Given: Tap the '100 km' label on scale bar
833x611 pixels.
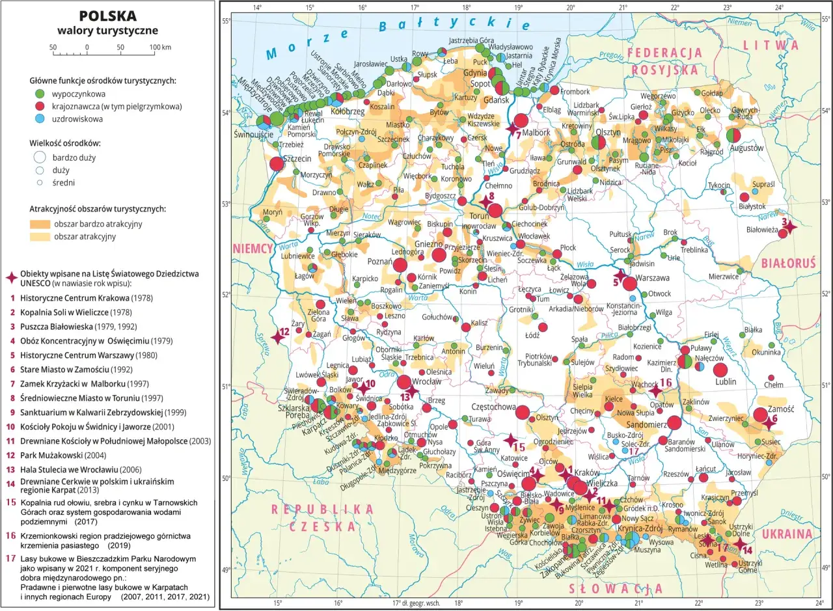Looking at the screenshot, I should (159, 48).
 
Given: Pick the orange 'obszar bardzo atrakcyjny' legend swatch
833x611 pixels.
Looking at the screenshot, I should (40, 224).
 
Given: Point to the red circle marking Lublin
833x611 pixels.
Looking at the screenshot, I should (720, 370).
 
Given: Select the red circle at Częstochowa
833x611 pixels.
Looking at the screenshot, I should (522, 412).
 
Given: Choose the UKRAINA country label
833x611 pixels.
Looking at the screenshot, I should (789, 534).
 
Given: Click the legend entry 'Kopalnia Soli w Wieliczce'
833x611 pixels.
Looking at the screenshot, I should (78, 312).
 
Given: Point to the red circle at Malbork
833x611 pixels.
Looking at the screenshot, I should (521, 120).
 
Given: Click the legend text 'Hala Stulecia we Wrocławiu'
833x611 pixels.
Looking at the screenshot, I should (81, 468).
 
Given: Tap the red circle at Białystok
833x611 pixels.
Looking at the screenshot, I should (744, 197).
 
